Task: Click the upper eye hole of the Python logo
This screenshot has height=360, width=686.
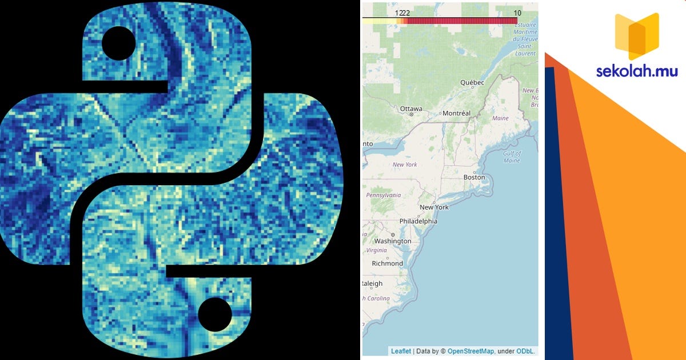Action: coord(119,43)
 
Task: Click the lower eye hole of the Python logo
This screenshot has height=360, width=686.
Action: coord(215,314)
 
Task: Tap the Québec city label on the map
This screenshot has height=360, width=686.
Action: coord(472,83)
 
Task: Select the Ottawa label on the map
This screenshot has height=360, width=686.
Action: coord(411,109)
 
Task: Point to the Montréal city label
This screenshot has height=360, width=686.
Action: coord(456,113)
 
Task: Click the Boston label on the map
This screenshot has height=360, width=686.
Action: coord(474,177)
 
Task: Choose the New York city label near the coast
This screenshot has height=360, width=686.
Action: coord(434,207)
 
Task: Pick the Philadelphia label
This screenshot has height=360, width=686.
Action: coord(418,221)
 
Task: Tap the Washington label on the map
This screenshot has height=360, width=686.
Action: coord(393,241)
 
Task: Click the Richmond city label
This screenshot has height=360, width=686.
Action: coord(387,263)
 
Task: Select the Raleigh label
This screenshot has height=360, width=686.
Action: coord(372,283)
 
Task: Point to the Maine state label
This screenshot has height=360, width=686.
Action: coord(500,118)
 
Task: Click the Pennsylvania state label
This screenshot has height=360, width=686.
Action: coord(384,195)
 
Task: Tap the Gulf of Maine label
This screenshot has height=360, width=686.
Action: coord(512,157)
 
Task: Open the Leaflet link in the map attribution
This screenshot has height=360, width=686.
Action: coord(401,351)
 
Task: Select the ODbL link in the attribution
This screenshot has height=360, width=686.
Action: coord(525,351)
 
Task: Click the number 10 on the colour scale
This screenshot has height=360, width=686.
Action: coord(517,13)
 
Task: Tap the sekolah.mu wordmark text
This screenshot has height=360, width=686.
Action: coord(637,72)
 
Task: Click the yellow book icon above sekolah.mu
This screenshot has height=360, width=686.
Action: coord(636,36)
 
